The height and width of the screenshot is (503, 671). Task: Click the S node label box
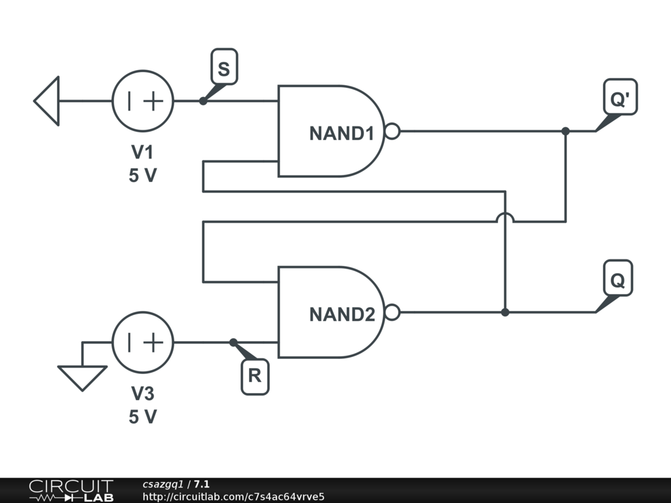click(x=224, y=67)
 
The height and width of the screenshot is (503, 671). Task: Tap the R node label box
click(x=255, y=377)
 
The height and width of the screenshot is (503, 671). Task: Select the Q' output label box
click(x=620, y=97)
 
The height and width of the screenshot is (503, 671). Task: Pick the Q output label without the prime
click(x=618, y=278)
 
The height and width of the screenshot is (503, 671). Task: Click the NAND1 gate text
click(x=342, y=134)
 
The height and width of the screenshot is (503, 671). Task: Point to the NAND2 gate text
click(x=342, y=315)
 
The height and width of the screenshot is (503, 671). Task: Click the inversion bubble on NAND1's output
click(x=393, y=131)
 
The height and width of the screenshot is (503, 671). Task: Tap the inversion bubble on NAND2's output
click(x=393, y=312)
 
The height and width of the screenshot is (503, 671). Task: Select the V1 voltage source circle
click(x=143, y=101)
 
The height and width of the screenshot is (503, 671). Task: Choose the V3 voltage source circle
click(x=143, y=342)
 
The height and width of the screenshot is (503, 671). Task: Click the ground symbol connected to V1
click(x=47, y=101)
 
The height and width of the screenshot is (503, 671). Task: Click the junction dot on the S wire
click(x=203, y=101)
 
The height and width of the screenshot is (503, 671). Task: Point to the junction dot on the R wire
click(x=233, y=342)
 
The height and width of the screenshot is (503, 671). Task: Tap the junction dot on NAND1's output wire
click(x=566, y=131)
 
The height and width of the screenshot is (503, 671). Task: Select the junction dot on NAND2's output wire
click(x=505, y=312)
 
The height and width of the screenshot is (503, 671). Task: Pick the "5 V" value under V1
click(x=143, y=176)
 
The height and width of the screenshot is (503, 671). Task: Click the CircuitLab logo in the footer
click(x=71, y=491)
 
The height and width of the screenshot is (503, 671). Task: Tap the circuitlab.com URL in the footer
click(x=233, y=496)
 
